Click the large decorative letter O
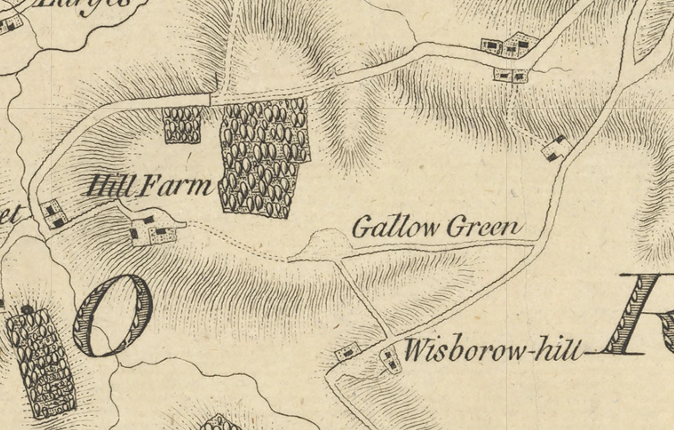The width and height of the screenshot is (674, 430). click(113, 315)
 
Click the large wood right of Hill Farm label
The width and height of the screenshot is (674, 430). click(262, 155)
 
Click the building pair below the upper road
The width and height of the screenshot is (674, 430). click(511, 76)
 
